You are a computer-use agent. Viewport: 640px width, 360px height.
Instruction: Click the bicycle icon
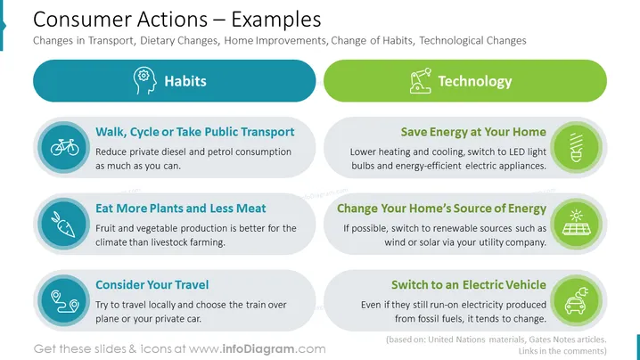(x=64, y=147)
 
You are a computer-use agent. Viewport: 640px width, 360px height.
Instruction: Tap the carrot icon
(x=63, y=224)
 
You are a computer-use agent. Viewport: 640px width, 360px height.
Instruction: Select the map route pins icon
(x=65, y=301)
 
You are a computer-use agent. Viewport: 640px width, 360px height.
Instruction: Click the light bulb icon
(x=577, y=147)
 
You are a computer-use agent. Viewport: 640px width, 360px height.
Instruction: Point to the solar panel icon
(x=577, y=223)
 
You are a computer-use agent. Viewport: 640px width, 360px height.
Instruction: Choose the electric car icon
(x=577, y=300)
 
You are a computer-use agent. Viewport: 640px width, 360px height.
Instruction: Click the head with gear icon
(x=144, y=81)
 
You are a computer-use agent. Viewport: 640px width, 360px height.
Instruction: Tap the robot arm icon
(x=421, y=81)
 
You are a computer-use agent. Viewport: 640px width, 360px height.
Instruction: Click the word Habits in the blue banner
(x=185, y=81)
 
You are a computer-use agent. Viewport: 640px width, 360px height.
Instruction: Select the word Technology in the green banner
(x=475, y=81)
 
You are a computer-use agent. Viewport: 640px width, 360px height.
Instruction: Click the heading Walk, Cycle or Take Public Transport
(x=194, y=132)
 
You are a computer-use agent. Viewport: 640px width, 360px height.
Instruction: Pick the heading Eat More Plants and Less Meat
(x=180, y=209)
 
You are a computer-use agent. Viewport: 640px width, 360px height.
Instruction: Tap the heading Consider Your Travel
(x=152, y=284)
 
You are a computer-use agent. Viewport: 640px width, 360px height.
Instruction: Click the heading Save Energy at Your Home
(x=473, y=132)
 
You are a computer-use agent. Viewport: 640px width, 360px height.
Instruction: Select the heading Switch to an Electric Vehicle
(x=469, y=284)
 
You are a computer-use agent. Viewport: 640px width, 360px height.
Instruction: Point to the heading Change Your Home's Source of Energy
(x=441, y=209)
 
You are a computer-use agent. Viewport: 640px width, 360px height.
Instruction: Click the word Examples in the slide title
(x=276, y=20)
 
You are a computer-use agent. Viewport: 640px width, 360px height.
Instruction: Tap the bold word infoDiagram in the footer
(x=258, y=349)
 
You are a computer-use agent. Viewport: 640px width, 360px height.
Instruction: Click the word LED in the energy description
(x=516, y=151)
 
